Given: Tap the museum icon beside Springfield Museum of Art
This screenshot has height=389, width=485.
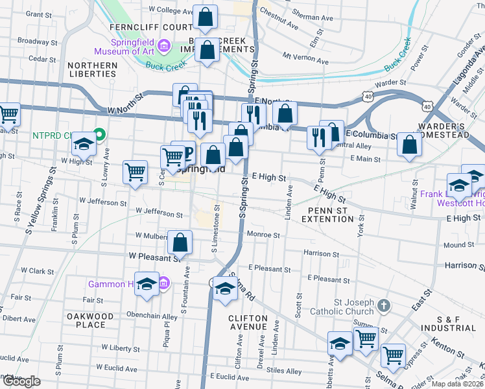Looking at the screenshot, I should (164, 46).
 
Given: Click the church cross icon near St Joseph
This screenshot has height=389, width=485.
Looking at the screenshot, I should (384, 305).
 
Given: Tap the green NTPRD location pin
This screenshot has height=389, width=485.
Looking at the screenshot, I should (99, 136).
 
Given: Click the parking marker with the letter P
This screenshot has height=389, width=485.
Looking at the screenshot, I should (187, 154).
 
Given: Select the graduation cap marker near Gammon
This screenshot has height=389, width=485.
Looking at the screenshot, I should (147, 284).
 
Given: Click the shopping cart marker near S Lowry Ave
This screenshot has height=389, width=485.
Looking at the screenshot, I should (135, 172).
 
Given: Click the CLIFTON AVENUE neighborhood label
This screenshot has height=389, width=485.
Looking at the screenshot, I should (248, 323).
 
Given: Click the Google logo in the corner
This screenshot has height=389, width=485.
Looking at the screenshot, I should (21, 381).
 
